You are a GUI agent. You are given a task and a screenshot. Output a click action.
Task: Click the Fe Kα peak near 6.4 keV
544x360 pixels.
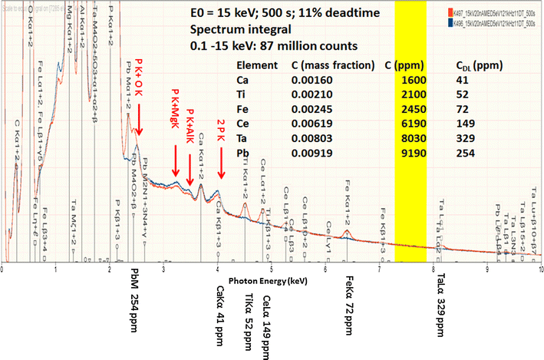click(347, 231)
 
